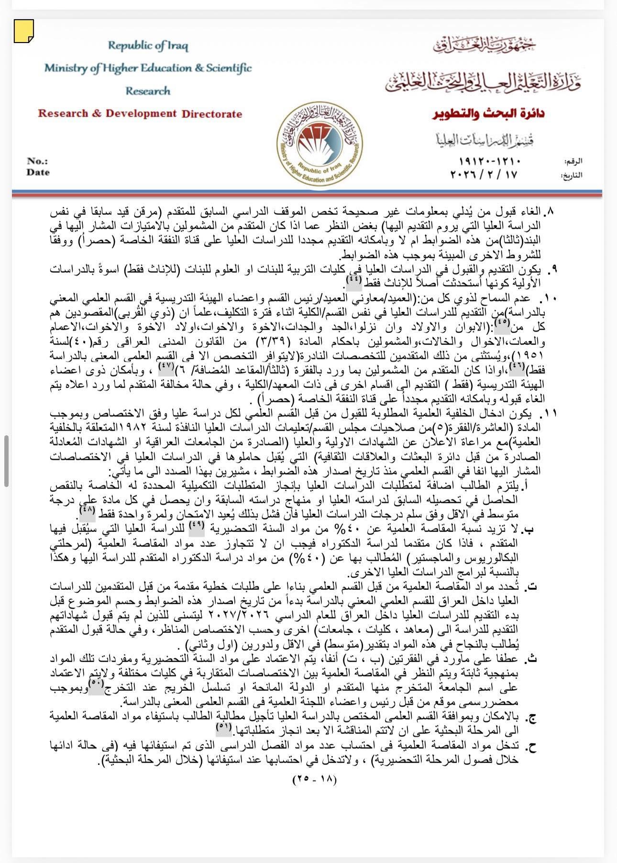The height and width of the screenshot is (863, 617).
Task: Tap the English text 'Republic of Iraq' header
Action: pyautogui.click(x=148, y=46)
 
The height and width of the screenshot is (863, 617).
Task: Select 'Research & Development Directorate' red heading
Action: pyautogui.click(x=140, y=114)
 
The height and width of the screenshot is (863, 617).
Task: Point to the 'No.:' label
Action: pyautogui.click(x=37, y=161)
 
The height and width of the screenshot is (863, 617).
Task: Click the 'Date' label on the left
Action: pyautogui.click(x=38, y=172)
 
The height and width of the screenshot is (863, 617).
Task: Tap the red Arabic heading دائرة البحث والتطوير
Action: pyautogui.click(x=488, y=114)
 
